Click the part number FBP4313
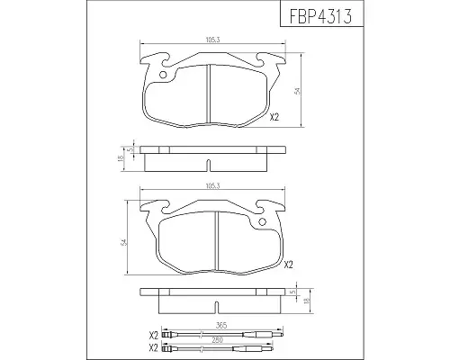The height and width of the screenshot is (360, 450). (320, 15)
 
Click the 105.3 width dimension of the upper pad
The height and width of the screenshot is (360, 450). (213, 40)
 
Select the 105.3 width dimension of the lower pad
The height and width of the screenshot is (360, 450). (213, 186)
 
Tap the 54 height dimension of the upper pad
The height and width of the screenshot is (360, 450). (298, 91)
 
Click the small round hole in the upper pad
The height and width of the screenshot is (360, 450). (163, 75)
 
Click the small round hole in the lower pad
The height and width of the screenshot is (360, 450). (262, 221)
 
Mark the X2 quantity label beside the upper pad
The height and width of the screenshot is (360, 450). (274, 117)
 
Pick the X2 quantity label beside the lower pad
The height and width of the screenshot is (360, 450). (288, 265)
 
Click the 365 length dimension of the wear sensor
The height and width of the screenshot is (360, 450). (221, 326)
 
